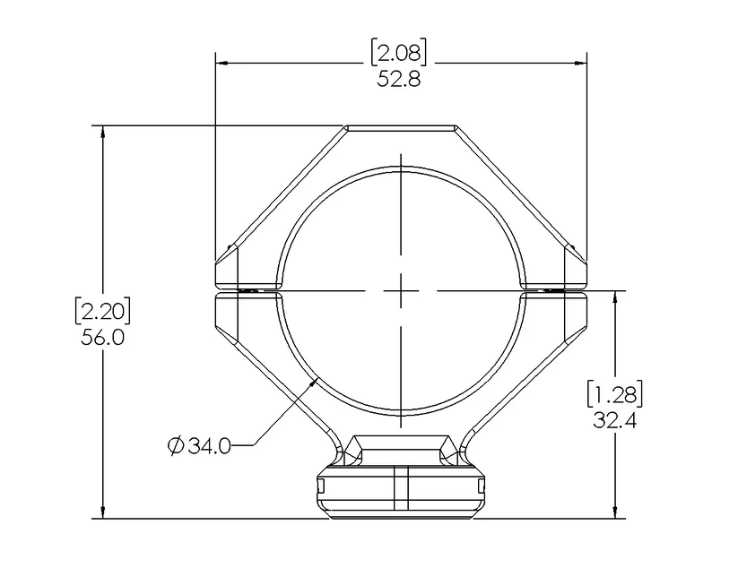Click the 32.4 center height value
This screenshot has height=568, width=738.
point(615,419)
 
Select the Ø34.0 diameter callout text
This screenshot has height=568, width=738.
point(199,445)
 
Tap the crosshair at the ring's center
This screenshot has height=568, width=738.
point(401,290)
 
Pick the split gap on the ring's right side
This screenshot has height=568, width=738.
point(555,290)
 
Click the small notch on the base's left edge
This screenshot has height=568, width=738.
point(320,486)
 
